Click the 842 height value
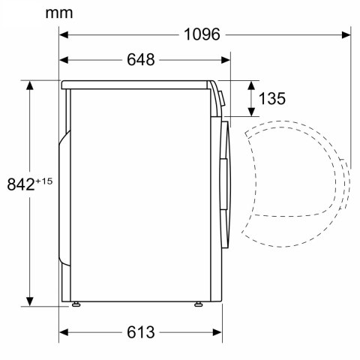tap(21, 184)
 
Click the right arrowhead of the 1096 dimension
tap(346, 34)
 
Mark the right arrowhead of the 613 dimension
tap(219, 331)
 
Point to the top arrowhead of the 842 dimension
tap(31, 85)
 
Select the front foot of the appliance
tap(199, 304)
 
